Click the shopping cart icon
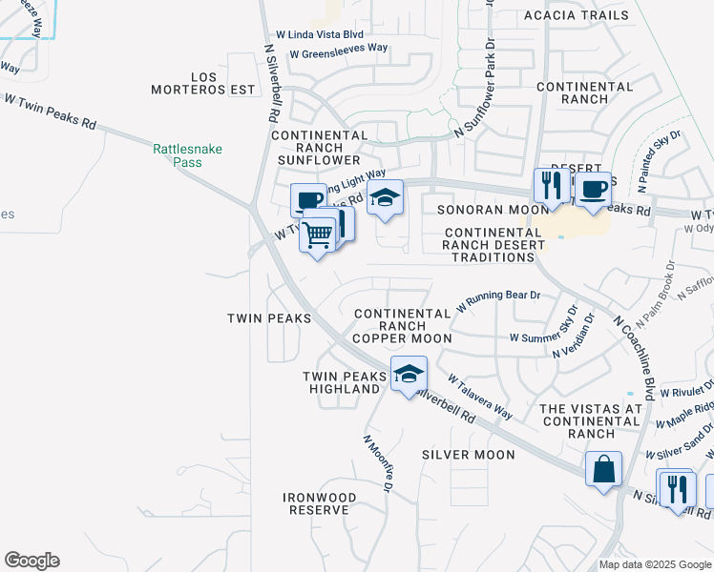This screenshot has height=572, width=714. tap(317, 233)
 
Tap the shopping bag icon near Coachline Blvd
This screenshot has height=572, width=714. tap(603, 469)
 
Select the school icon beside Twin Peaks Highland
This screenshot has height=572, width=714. tap(409, 374)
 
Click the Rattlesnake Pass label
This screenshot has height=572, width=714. tap(178, 155)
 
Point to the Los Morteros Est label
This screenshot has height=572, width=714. tap(204, 83)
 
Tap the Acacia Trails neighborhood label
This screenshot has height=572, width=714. tap(577, 15)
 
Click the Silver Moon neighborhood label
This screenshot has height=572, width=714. tap(469, 455)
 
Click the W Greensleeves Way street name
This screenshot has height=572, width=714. tap(339, 48)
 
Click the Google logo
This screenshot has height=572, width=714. tap(31, 561)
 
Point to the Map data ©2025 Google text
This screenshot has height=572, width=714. tap(655, 564)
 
